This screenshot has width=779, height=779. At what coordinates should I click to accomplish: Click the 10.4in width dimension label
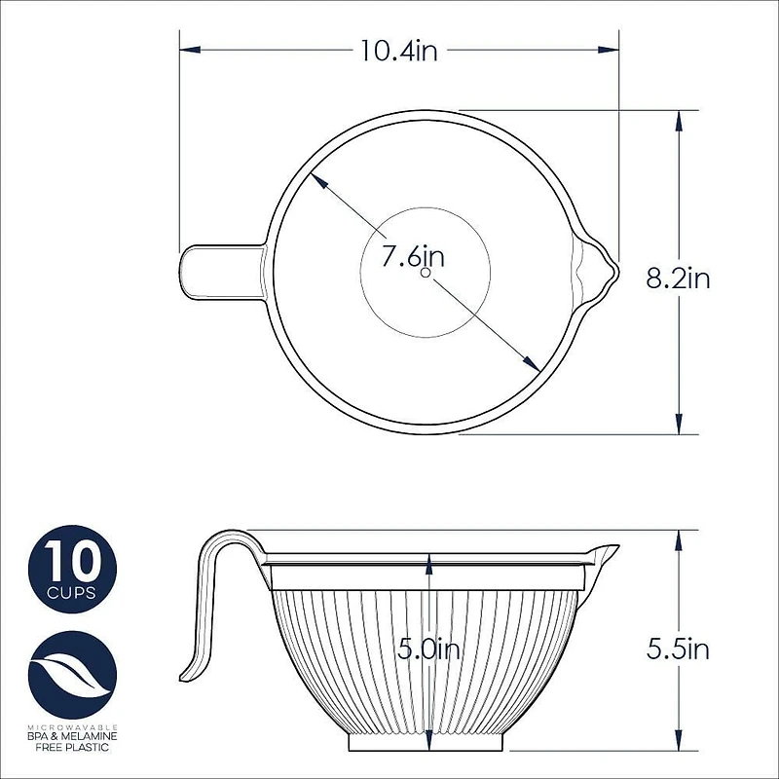pos(398,50)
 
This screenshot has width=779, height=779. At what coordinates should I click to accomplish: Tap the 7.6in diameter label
pos(413,257)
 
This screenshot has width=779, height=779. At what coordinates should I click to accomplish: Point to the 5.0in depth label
pos(427,649)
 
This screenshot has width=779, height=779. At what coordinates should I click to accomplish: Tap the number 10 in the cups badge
pos(71,563)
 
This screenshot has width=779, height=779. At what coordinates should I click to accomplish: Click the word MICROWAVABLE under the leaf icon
pos(72,726)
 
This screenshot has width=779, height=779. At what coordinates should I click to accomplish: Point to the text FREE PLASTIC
pos(72,748)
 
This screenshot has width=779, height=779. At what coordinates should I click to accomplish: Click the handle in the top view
pos(219,272)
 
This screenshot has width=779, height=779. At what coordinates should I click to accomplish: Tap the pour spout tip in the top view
pos(613,272)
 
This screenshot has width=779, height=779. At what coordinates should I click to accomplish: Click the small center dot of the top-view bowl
pos(426,274)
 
